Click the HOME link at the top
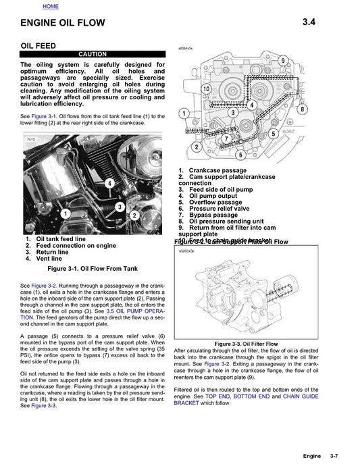50,6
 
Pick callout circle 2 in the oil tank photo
135,215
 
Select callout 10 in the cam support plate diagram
206,88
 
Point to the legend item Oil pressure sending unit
226,221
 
